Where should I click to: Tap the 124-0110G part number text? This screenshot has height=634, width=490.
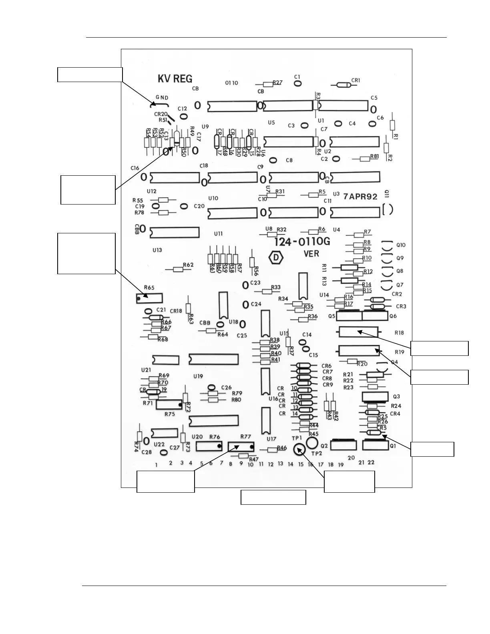pos(302,241)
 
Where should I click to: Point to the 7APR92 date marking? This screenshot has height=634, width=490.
pos(360,197)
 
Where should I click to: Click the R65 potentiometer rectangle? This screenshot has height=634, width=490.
pos(149,298)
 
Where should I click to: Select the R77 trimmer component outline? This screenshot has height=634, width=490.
pos(241,446)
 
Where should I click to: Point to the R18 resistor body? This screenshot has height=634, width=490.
pos(358,332)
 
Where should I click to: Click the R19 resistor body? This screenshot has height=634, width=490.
pos(359,351)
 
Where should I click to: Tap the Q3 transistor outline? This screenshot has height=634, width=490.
pos(375,397)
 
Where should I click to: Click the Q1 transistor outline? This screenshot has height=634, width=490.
pos(376,445)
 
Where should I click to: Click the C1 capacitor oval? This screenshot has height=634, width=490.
pos(297,84)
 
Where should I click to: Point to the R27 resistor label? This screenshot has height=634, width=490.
pos(277,82)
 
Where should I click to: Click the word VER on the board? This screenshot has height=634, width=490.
pos(311,253)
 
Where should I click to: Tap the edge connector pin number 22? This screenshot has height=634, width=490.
pos(371,462)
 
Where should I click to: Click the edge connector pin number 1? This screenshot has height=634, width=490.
pos(157,465)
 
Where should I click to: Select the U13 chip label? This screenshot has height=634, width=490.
pos(157,250)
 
